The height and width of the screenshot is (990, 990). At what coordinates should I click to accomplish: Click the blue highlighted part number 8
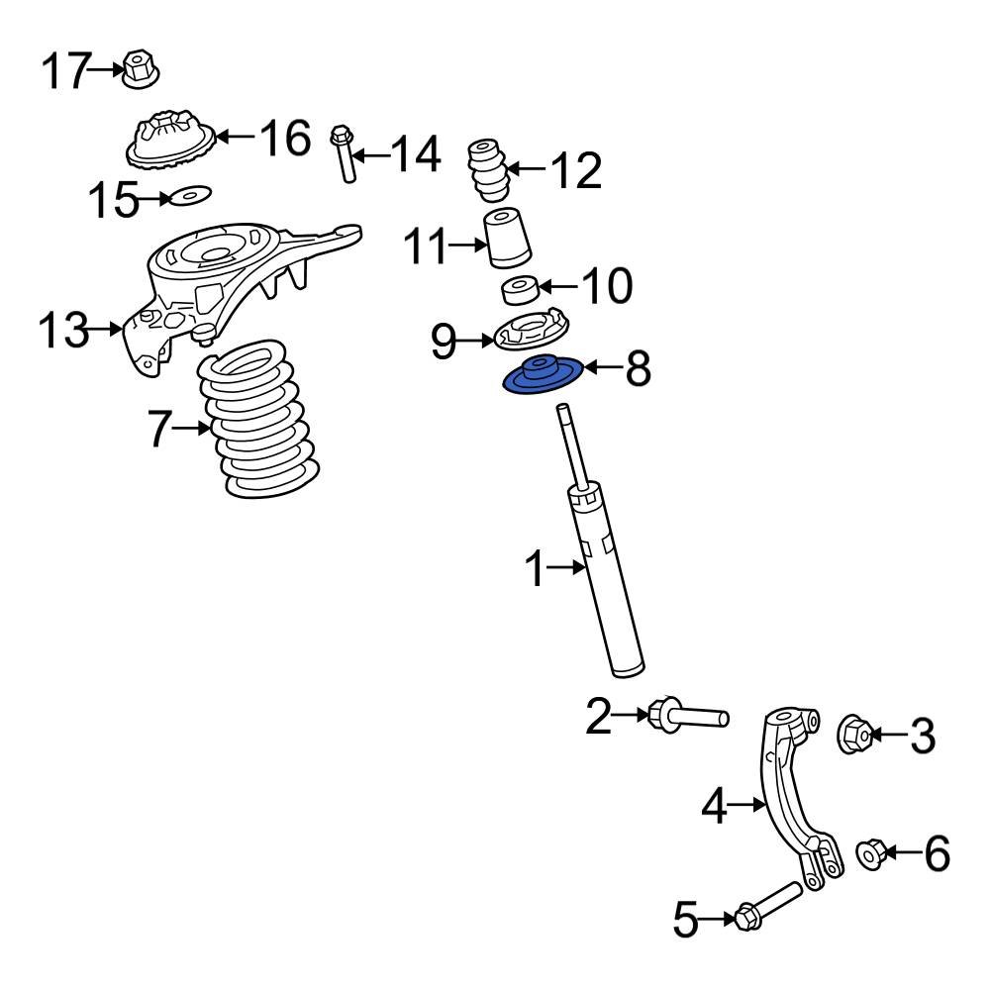pyautogui.click(x=541, y=377)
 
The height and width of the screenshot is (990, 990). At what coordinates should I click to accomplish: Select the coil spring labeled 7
pyautogui.click(x=254, y=420)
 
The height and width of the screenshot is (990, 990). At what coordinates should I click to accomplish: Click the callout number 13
pyautogui.click(x=63, y=330)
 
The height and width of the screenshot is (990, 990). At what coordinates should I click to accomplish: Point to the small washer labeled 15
pyautogui.click(x=191, y=197)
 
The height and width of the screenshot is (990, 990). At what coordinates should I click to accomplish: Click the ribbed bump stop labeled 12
pyautogui.click(x=487, y=169)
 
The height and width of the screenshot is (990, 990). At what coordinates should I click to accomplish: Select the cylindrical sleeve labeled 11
pyautogui.click(x=507, y=239)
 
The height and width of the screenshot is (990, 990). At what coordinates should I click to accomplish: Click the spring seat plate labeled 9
pyautogui.click(x=534, y=332)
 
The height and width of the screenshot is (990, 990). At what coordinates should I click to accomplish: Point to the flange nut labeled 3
pyautogui.click(x=855, y=735)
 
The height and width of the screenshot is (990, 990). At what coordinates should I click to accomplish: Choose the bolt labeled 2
pyautogui.click(x=687, y=714)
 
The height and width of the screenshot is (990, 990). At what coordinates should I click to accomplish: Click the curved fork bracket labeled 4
pyautogui.click(x=792, y=792)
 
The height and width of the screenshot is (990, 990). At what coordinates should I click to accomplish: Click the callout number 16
pyautogui.click(x=285, y=139)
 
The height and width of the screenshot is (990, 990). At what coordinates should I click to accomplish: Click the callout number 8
pyautogui.click(x=638, y=369)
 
